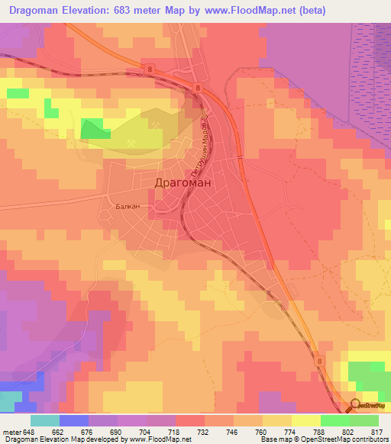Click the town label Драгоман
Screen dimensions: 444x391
183,183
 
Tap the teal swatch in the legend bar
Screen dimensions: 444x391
45,421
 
